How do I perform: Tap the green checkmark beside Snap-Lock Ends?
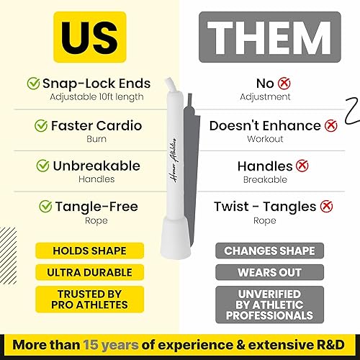(x=34, y=84)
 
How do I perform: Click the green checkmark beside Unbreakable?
(x=41, y=166)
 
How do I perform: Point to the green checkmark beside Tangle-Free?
(x=45, y=207)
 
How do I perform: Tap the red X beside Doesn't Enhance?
(x=331, y=125)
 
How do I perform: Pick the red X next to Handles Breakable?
(x=302, y=166)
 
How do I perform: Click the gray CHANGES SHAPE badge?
(x=269, y=251)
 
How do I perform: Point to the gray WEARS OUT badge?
(x=269, y=273)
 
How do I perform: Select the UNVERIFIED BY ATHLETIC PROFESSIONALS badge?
(x=269, y=305)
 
